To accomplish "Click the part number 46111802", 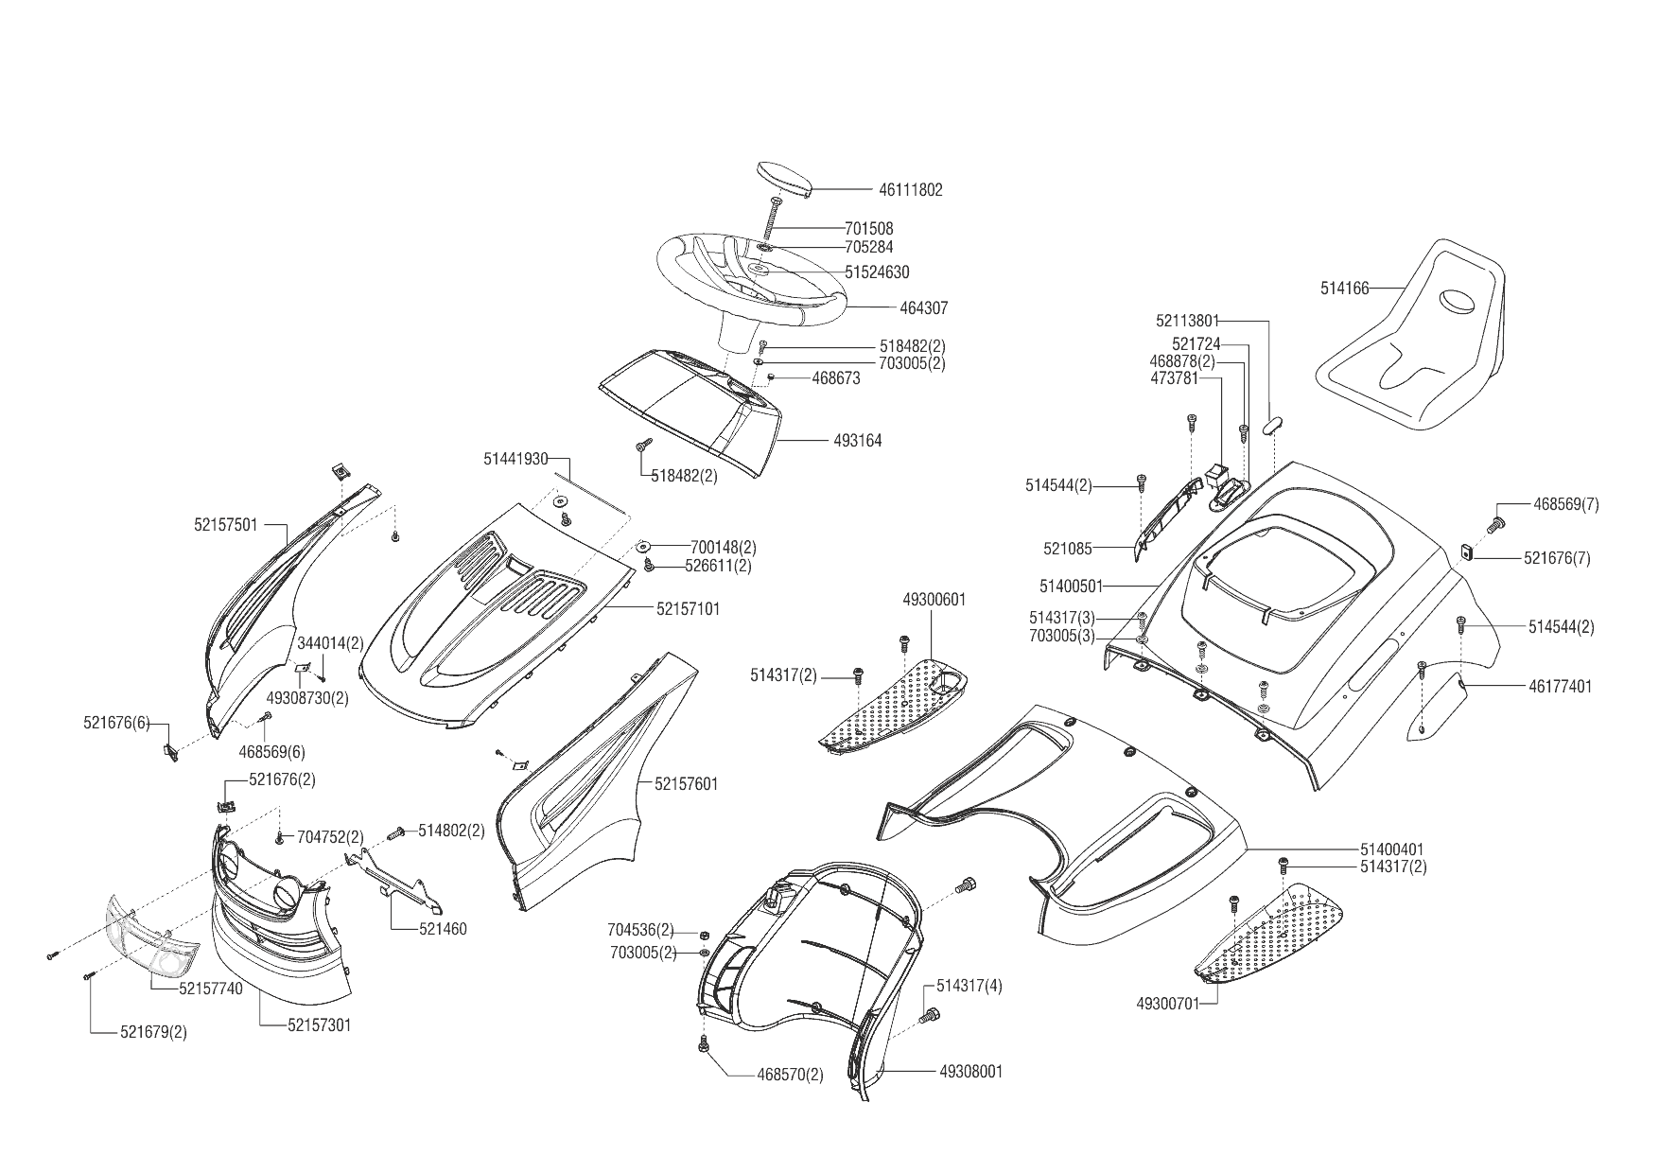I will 910,190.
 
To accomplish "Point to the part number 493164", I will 857,441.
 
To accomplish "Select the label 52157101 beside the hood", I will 687,609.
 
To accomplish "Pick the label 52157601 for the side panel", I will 686,784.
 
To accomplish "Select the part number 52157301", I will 319,1025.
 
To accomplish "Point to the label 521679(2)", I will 153,1032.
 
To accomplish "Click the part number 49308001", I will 971,1072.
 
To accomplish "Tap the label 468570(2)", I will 790,1076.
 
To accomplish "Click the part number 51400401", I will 1391,850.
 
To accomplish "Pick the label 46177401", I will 1560,687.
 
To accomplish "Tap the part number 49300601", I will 934,600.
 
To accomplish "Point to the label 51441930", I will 515,459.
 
